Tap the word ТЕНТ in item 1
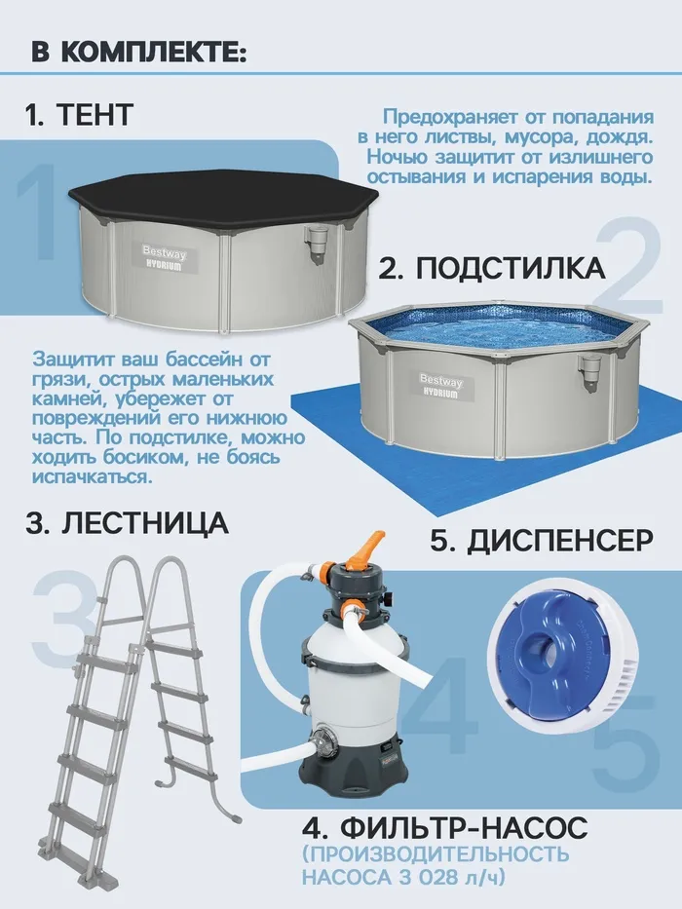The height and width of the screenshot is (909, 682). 95,114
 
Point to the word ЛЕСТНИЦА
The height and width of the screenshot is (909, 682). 145,522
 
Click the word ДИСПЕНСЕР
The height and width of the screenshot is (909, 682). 560,541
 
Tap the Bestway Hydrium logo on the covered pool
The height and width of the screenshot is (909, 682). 165,258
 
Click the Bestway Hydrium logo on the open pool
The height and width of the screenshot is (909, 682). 441,386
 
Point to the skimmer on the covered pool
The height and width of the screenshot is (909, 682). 314,245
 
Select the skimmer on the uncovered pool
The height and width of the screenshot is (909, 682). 591,371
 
